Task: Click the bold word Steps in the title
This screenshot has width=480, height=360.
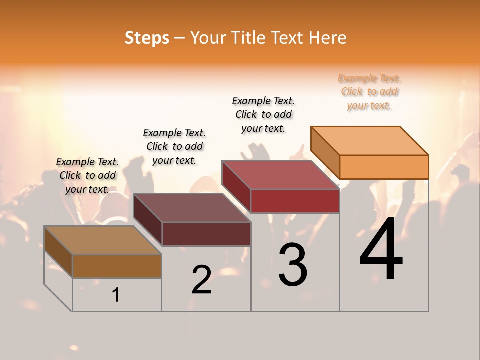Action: coord(147,38)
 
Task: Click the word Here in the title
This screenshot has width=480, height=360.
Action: coord(329,38)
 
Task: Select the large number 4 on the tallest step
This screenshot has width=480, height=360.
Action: coord(381,249)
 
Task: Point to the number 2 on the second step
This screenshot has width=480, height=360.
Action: coord(202,280)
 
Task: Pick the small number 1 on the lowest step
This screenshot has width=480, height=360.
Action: coord(116,295)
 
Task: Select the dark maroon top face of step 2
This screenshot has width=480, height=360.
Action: coord(192,208)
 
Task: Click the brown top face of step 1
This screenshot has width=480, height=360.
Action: coord(103,240)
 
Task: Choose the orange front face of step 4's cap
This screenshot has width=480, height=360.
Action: coord(384,167)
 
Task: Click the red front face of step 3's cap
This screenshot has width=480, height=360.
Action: coord(295,201)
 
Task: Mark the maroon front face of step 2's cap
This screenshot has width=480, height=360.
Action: coord(206,234)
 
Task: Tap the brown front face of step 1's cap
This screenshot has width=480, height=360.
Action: coord(117,266)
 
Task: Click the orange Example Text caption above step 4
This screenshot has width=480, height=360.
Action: coord(369,92)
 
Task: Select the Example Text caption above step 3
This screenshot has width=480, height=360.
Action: coord(263,114)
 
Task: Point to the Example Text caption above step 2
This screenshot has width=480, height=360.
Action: coord(174,146)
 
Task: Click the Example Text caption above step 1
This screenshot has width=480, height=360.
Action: coord(87,175)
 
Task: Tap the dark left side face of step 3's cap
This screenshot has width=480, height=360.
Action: coord(236,186)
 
